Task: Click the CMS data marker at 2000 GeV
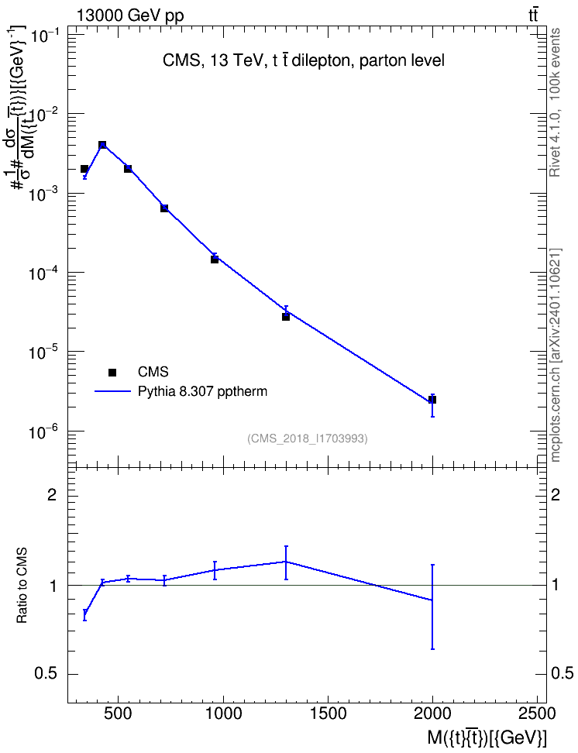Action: point(432,400)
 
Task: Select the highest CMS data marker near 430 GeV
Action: point(102,145)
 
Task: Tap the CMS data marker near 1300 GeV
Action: point(286,317)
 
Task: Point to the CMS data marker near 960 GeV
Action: point(215,260)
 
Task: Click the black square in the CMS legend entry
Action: point(112,372)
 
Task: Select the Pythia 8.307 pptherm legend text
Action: point(202,391)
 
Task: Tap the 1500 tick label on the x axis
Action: point(328,713)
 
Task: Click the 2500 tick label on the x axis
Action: point(537,713)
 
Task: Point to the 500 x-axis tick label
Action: point(119,713)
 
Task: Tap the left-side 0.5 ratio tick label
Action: point(46,674)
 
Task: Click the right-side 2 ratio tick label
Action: point(556,494)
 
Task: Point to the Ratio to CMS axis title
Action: point(22,586)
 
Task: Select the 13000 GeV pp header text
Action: point(129,15)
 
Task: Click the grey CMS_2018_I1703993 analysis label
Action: point(308,438)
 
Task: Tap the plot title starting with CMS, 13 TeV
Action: point(304,60)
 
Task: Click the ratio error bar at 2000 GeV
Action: point(432,607)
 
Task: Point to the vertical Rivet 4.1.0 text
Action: point(555,102)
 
